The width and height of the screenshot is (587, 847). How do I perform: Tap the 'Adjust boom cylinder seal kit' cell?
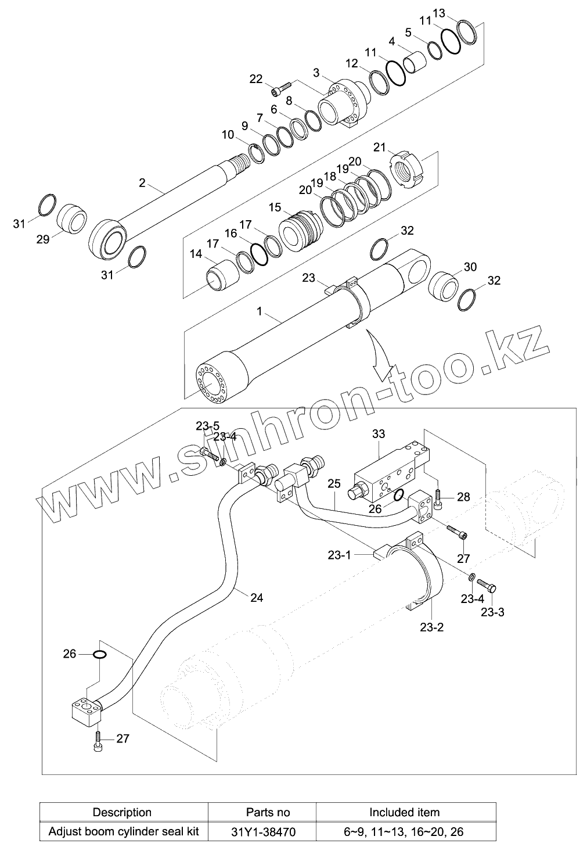coord(123,831)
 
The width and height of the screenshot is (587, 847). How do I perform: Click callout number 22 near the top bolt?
coord(256,79)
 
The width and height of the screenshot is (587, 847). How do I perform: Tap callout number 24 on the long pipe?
coord(256,597)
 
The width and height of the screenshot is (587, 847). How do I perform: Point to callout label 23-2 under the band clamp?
coord(431,627)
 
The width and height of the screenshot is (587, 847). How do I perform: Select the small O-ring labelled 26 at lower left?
coord(99,655)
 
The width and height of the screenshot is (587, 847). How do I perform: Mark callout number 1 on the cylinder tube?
coord(260,311)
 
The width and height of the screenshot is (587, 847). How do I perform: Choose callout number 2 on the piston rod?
coord(142,183)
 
